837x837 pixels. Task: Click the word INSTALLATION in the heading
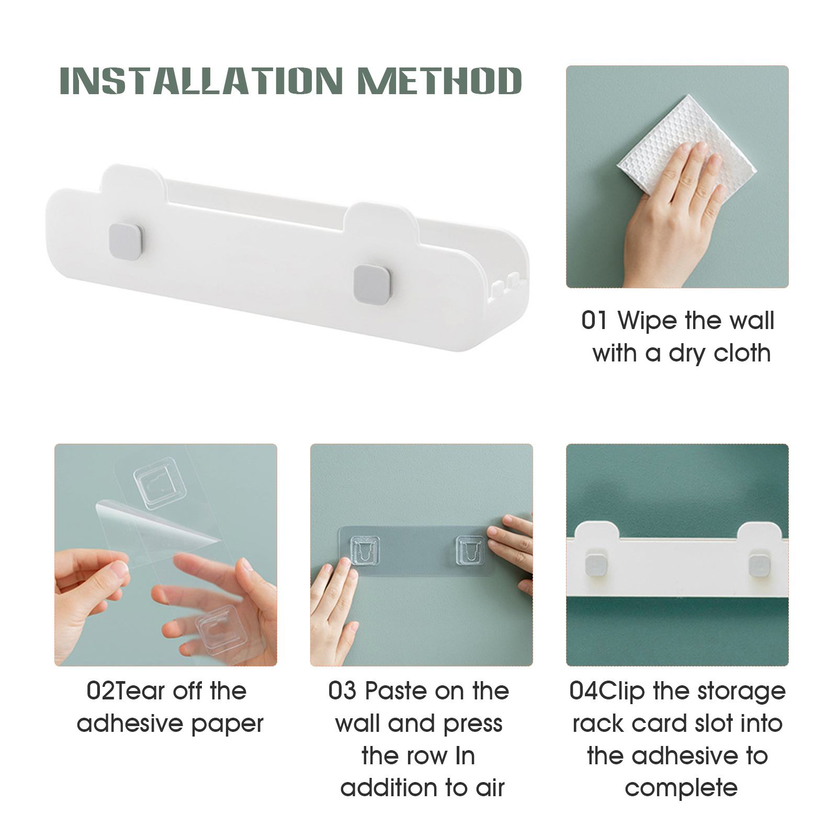click(x=201, y=81)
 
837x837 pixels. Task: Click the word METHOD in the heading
click(x=440, y=81)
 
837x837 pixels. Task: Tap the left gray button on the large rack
click(x=126, y=241)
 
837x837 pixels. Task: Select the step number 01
click(x=594, y=320)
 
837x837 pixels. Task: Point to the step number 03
click(x=343, y=691)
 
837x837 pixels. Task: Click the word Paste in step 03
click(x=397, y=691)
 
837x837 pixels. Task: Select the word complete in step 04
click(x=681, y=789)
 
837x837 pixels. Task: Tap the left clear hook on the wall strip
click(x=365, y=551)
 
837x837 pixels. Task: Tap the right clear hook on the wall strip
click(x=470, y=550)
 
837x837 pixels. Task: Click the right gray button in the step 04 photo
click(x=759, y=564)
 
